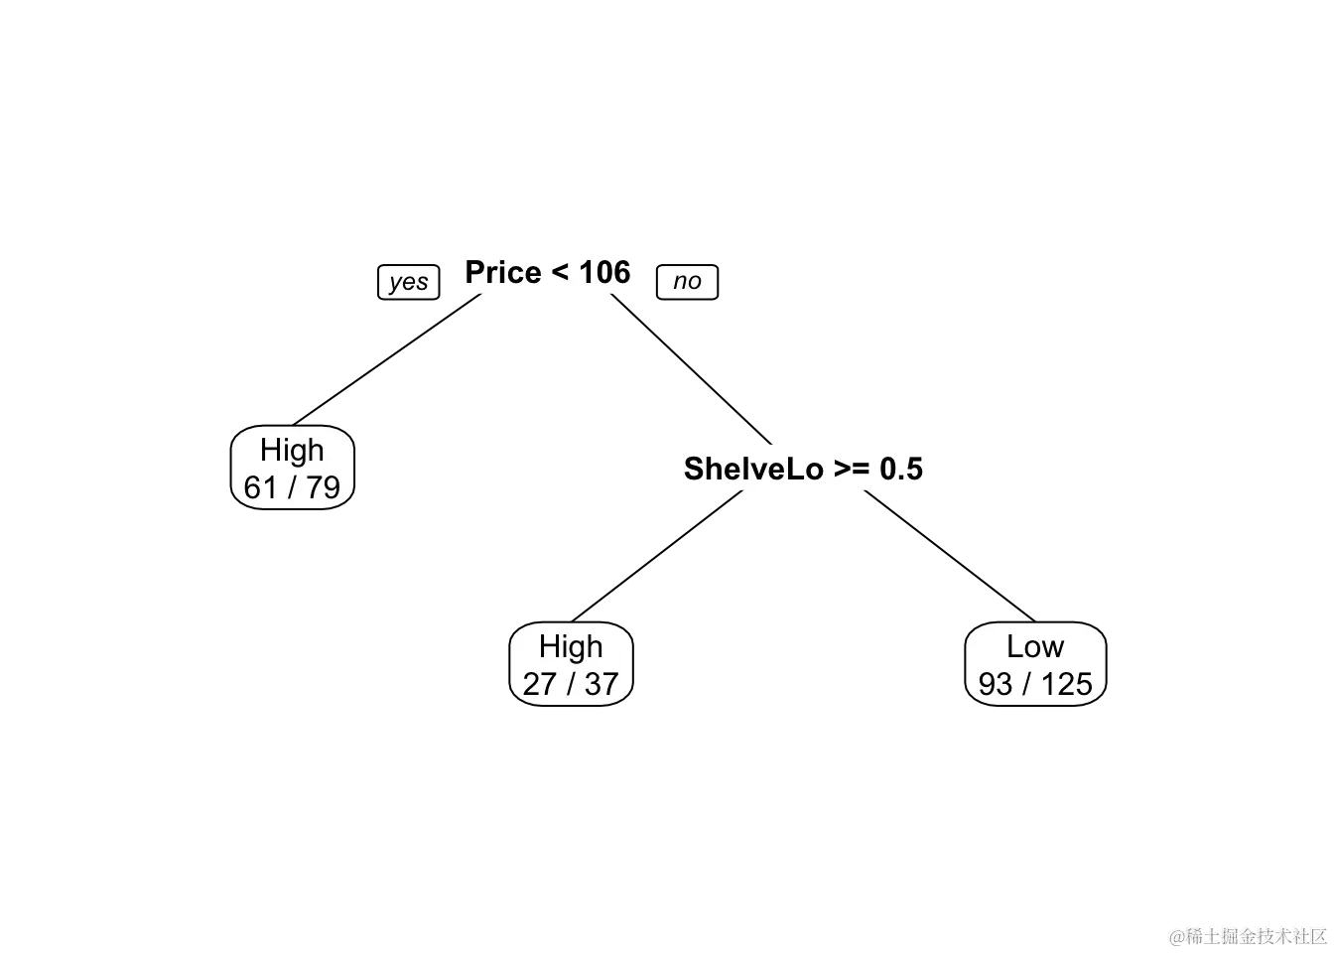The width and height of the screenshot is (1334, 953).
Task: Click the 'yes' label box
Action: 408,282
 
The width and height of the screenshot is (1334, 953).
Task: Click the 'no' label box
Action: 687,282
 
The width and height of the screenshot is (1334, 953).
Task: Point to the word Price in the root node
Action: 503,272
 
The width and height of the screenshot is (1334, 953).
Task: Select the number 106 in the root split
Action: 604,272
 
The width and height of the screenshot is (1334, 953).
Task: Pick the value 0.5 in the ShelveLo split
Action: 901,468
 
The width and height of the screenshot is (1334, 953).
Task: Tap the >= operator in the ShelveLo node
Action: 852,469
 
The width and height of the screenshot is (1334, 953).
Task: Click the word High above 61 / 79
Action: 292,450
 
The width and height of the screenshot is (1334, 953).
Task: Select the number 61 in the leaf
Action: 260,487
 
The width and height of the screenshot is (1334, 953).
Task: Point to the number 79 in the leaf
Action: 323,487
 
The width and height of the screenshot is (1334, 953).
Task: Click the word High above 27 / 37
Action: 571,646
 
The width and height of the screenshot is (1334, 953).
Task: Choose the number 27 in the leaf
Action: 539,684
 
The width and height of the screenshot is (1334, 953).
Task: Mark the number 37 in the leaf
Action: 601,684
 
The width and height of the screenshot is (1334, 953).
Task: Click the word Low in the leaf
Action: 1034,646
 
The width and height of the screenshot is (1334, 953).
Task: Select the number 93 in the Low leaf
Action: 996,684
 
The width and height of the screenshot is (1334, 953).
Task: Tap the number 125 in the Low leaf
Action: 1066,684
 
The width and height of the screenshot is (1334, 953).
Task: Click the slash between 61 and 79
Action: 292,487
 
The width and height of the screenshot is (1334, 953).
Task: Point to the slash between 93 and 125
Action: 1027,684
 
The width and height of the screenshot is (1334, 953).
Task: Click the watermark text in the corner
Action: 1247,934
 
